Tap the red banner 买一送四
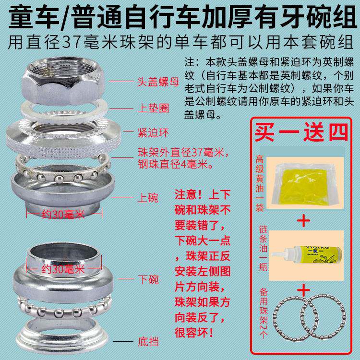tap(301, 132)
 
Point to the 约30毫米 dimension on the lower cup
tap(63, 269)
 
